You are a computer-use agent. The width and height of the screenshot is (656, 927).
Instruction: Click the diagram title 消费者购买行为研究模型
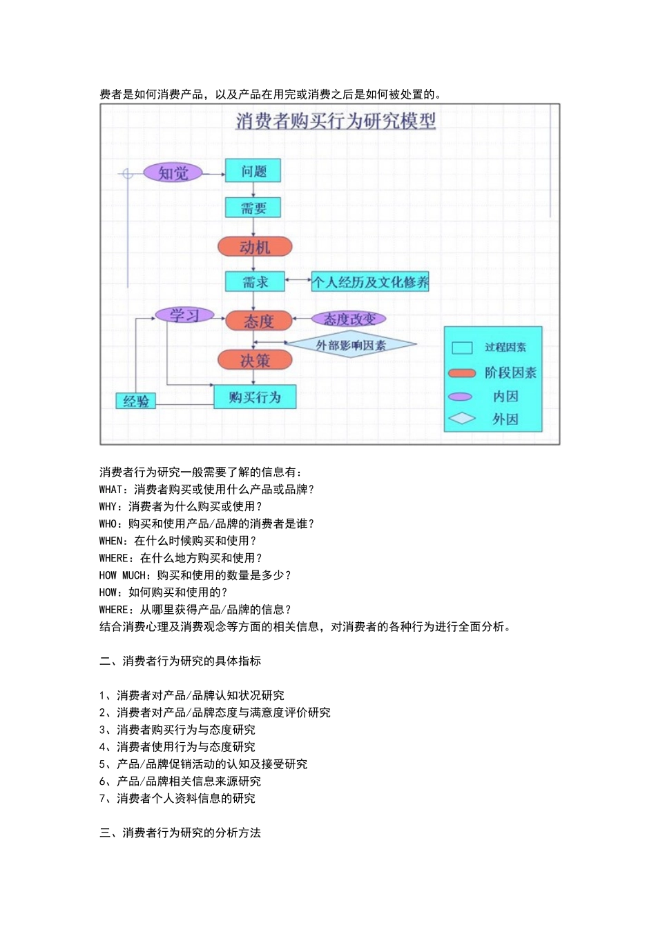[x=336, y=121]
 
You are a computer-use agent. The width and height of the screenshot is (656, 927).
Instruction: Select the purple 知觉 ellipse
[x=173, y=173]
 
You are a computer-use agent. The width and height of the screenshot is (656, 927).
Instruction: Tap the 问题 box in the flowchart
[x=253, y=171]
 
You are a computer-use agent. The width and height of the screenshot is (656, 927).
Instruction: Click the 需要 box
[x=253, y=208]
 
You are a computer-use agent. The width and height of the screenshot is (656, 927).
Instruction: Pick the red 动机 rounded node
[x=255, y=247]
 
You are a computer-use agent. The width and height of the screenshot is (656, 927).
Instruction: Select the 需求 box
[x=255, y=282]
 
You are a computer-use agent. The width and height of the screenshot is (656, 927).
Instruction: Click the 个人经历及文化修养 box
[x=370, y=281]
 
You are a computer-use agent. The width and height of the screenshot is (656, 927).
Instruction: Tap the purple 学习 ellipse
[x=184, y=316]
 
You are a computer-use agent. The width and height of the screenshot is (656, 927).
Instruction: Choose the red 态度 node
[x=258, y=321]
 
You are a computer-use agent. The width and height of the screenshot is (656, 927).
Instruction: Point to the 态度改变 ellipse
[x=349, y=319]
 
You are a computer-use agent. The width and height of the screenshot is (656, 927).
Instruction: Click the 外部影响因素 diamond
[x=351, y=345]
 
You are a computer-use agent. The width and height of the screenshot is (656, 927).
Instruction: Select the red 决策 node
[x=255, y=360]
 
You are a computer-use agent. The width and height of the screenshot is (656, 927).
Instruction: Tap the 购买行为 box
[x=255, y=397]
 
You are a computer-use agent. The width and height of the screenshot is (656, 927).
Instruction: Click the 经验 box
[x=135, y=401]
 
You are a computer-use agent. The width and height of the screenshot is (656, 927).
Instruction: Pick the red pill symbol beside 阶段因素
[x=462, y=373]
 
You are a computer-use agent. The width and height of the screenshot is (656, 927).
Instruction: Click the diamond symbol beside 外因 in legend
[x=461, y=419]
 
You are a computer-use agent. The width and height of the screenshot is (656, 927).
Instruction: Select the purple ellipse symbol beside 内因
[x=460, y=397]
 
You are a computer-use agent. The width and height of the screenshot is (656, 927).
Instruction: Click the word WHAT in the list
[x=111, y=490]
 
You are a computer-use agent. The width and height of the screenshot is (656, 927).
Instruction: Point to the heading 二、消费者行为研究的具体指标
[x=180, y=661]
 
